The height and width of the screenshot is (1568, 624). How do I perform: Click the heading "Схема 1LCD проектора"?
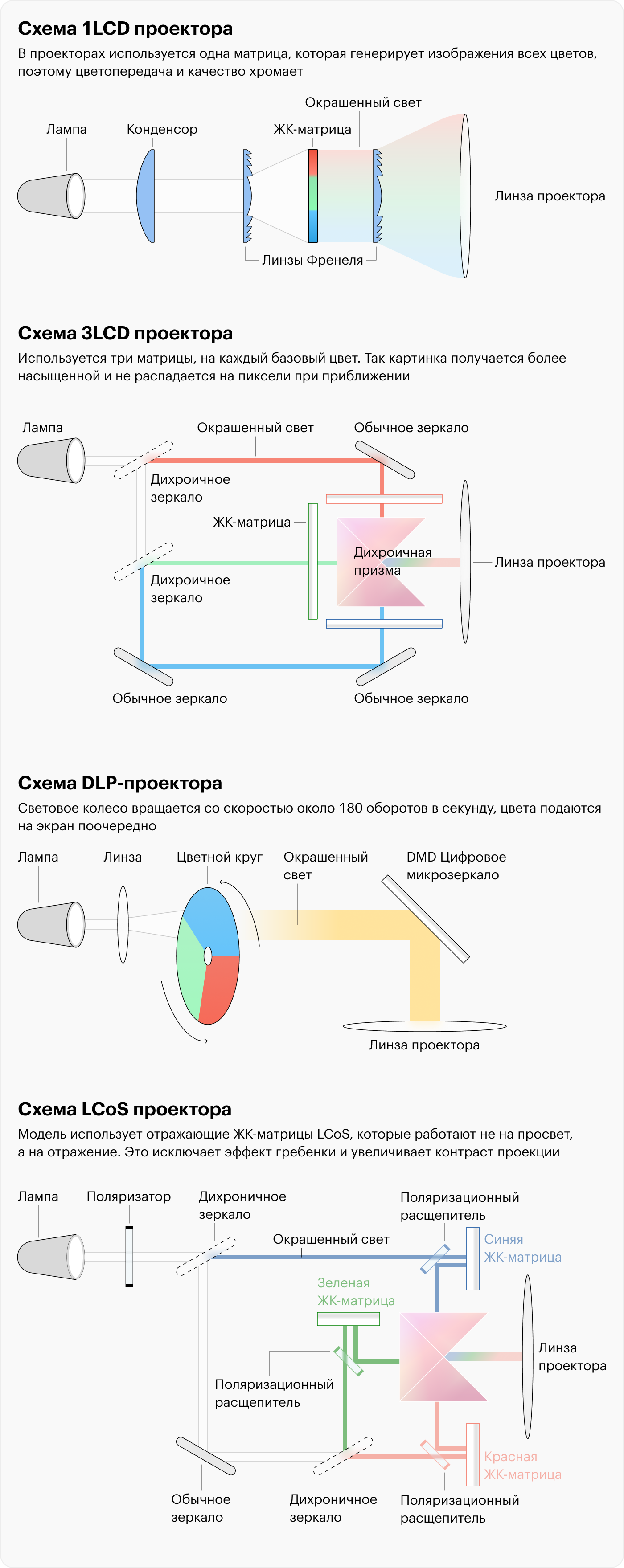click(x=125, y=29)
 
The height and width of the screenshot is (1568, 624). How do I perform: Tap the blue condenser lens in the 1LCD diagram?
click(x=146, y=196)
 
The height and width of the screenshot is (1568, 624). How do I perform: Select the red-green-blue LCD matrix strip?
click(x=312, y=196)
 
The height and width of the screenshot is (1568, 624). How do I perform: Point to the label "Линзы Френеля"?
click(x=312, y=260)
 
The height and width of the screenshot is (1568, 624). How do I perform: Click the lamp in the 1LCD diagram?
click(x=51, y=196)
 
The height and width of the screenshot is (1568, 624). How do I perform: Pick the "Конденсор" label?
click(x=162, y=129)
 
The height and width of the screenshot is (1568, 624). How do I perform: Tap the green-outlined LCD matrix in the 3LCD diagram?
click(x=313, y=561)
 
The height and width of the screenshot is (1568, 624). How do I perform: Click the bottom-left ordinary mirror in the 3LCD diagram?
click(x=144, y=666)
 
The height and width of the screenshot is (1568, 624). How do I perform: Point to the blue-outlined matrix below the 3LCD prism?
click(x=384, y=623)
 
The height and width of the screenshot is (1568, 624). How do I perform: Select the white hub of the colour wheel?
click(x=208, y=956)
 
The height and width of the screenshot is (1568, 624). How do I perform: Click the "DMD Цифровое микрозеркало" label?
click(x=456, y=866)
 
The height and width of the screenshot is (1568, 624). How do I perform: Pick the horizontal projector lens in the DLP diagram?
click(x=424, y=1026)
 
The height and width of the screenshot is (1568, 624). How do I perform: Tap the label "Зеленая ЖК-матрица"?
click(x=356, y=1292)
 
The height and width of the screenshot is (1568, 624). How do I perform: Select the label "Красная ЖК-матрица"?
click(x=523, y=1466)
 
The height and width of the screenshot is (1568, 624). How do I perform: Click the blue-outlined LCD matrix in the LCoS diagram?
click(x=472, y=1259)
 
